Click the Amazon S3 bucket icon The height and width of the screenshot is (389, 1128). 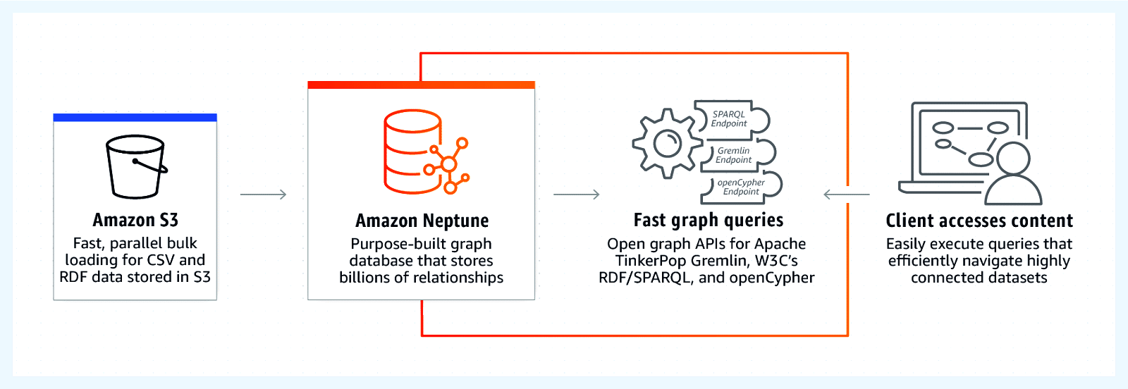pyautogui.click(x=136, y=166)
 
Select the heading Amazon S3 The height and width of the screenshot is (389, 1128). pyautogui.click(x=135, y=221)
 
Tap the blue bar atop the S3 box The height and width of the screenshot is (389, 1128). pyautogui.click(x=135, y=118)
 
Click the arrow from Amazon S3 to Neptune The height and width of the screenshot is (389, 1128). pyautogui.click(x=263, y=194)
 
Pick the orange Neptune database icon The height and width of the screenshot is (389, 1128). pyautogui.click(x=423, y=152)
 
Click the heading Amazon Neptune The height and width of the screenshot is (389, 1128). pyautogui.click(x=422, y=221)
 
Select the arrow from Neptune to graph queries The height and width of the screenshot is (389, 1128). pyautogui.click(x=576, y=194)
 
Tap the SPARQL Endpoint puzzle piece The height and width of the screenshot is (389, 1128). pyautogui.click(x=730, y=119)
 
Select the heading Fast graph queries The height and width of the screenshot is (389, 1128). pyautogui.click(x=708, y=221)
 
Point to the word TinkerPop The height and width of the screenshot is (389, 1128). pyautogui.click(x=650, y=261)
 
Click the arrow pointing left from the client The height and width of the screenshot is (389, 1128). pyautogui.click(x=846, y=194)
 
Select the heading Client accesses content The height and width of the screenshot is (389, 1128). pyautogui.click(x=979, y=221)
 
